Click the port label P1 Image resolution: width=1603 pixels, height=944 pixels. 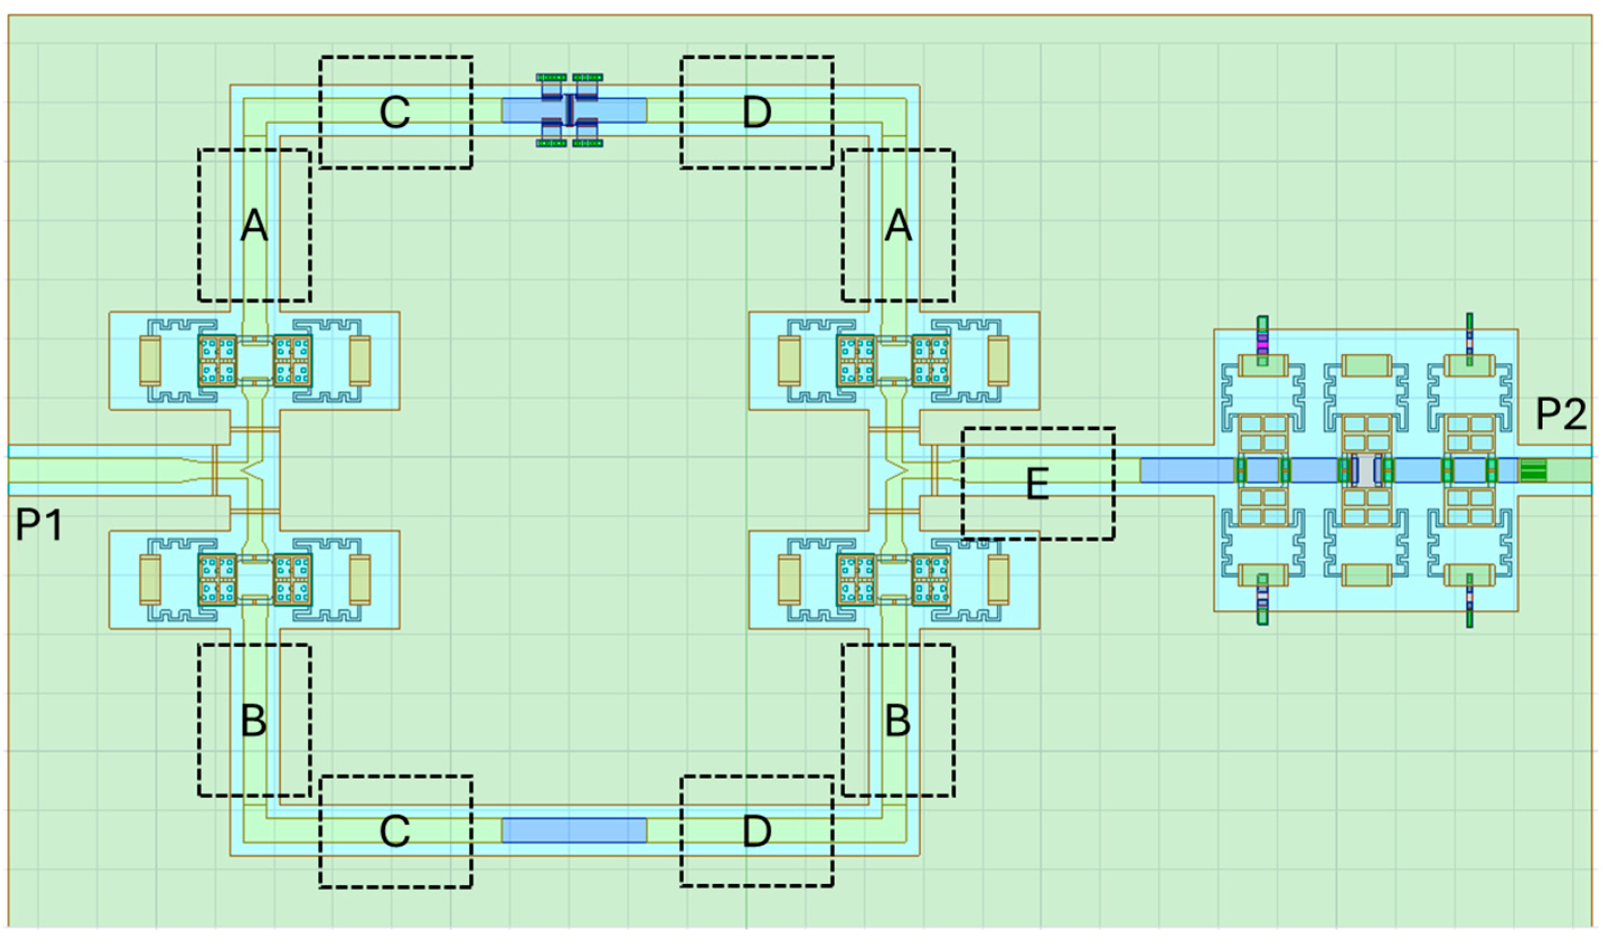coord(40,525)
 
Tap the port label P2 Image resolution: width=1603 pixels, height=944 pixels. coord(1560,414)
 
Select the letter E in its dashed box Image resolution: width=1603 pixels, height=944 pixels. coord(1038,483)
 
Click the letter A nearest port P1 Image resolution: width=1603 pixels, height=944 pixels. coord(254,225)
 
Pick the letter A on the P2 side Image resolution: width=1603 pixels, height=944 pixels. coord(898,225)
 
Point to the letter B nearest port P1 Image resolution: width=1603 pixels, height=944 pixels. coord(254,721)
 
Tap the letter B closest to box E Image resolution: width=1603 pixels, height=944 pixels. coord(898,721)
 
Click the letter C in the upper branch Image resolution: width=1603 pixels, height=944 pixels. coord(395,112)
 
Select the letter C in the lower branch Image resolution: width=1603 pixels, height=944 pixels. coord(395,831)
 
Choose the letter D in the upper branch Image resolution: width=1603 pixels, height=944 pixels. coord(757,112)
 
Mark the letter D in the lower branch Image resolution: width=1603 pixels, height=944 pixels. coord(757,831)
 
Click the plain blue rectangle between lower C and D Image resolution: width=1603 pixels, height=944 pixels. coord(574,831)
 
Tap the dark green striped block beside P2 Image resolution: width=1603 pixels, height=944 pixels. coord(1533,471)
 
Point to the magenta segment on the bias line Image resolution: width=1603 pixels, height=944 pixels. coord(1263,345)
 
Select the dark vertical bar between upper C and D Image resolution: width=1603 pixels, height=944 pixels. coord(570,111)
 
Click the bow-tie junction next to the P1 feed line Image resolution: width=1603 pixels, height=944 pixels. coord(253,471)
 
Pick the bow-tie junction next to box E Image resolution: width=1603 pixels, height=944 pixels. coord(897,471)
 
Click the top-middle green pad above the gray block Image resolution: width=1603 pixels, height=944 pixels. coord(1366,366)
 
